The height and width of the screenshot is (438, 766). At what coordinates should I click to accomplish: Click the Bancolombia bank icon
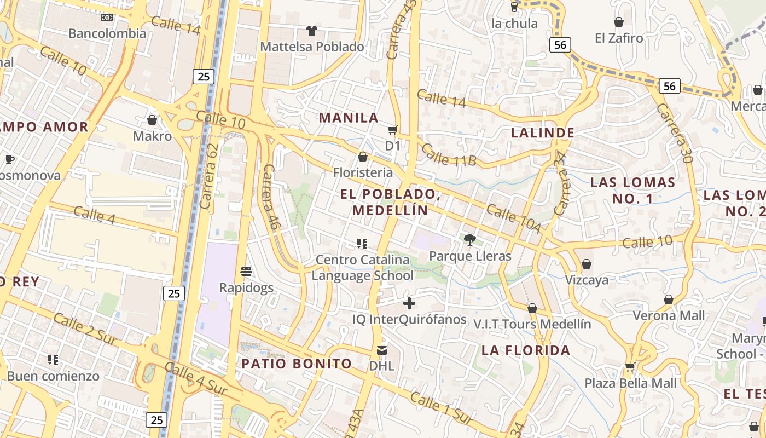click(x=107, y=18)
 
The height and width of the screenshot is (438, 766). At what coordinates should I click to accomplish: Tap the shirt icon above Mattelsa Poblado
click(x=312, y=30)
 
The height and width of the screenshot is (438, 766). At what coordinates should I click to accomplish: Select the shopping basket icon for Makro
click(x=152, y=119)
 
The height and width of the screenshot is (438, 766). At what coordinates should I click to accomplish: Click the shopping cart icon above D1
click(x=392, y=130)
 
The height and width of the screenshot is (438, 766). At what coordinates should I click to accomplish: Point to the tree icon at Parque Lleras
click(x=469, y=239)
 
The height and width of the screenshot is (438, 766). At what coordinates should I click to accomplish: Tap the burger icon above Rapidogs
click(x=246, y=271)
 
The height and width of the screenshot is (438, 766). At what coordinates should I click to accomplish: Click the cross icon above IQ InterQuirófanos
click(x=409, y=303)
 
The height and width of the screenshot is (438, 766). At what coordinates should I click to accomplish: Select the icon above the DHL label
click(x=382, y=350)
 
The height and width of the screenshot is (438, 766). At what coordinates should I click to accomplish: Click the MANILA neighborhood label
click(x=349, y=118)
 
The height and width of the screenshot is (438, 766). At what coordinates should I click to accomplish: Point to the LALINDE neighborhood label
click(x=542, y=132)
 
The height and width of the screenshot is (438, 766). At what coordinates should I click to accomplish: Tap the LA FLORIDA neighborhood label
click(x=526, y=350)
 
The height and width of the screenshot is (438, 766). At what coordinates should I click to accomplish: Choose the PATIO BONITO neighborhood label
click(x=297, y=364)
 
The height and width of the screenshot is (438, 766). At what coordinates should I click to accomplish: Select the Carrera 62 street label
click(x=210, y=176)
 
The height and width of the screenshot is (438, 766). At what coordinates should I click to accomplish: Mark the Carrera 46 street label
click(x=271, y=196)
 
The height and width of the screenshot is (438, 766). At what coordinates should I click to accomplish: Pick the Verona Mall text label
click(x=669, y=316)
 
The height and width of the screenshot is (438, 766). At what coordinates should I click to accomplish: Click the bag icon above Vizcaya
click(x=587, y=264)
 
